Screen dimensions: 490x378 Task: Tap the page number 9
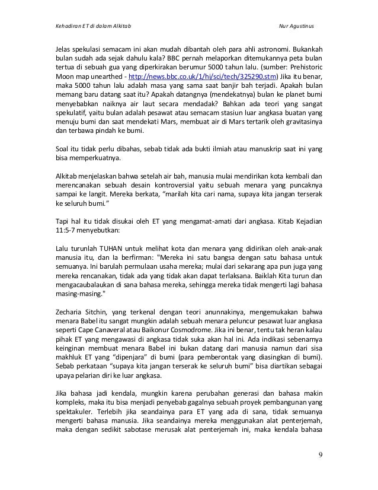[x=321, y=472]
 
